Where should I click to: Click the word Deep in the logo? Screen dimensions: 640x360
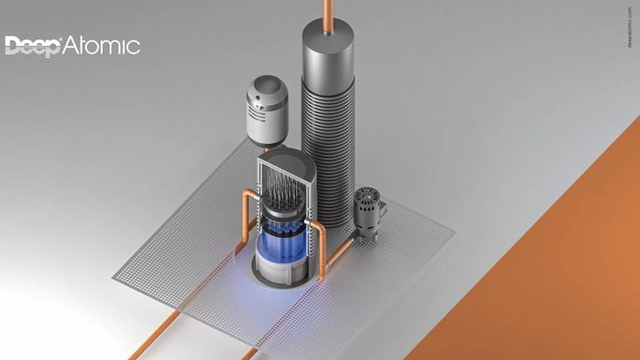coord(33,46)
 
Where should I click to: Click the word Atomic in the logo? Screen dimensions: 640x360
coord(101,46)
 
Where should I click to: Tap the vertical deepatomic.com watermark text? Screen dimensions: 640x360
coord(630,27)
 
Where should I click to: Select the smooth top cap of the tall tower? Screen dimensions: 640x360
coord(328,54)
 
